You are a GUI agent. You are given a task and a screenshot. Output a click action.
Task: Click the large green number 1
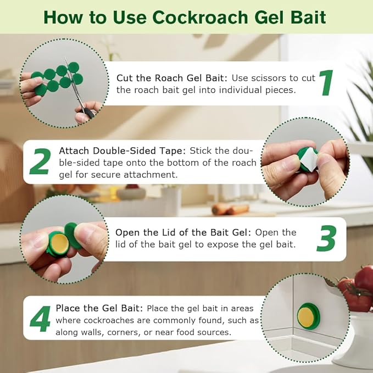click(327, 83)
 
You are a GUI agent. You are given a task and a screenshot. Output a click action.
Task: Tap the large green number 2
click(40, 162)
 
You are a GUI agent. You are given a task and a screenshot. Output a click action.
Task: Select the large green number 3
click(326, 238)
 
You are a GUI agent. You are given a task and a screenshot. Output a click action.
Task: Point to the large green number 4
click(40, 319)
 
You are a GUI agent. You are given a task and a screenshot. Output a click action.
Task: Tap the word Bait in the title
click(305, 17)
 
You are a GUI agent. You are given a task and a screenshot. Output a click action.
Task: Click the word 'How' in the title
click(64, 17)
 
